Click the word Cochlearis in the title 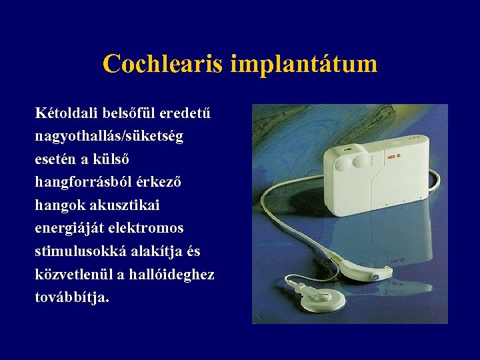163,64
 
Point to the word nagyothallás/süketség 109,136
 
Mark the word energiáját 65,228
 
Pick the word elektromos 141,228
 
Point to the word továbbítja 72,297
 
